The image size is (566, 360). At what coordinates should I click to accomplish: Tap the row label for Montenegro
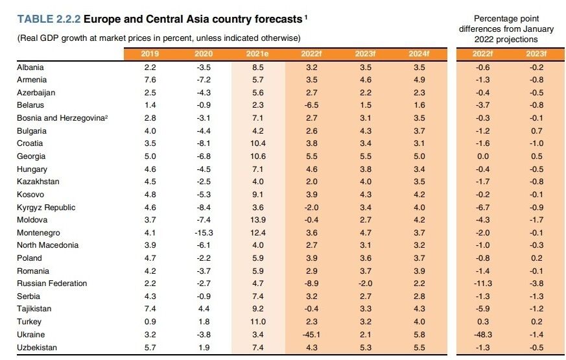pyautogui.click(x=38, y=233)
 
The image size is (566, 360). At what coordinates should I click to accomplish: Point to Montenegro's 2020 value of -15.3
pyautogui.click(x=204, y=233)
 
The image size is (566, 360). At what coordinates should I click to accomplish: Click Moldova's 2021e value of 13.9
pyautogui.click(x=258, y=220)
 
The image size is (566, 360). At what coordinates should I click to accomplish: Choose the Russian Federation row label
pyautogui.click(x=51, y=283)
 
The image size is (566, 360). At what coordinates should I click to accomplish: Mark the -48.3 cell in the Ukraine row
pyautogui.click(x=483, y=335)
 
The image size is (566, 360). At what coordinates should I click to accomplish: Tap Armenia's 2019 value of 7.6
pyautogui.click(x=149, y=80)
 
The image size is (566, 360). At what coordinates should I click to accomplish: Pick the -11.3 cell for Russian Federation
pyautogui.click(x=483, y=283)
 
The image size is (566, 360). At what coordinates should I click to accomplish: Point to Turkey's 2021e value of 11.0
pyautogui.click(x=258, y=322)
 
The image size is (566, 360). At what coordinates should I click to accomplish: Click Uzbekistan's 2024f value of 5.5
pyautogui.click(x=419, y=348)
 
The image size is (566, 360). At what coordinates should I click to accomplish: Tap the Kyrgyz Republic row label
pyautogui.click(x=46, y=207)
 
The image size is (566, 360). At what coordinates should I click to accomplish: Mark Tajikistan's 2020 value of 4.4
pyautogui.click(x=204, y=309)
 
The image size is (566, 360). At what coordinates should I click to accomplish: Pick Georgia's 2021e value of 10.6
pyautogui.click(x=258, y=156)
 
